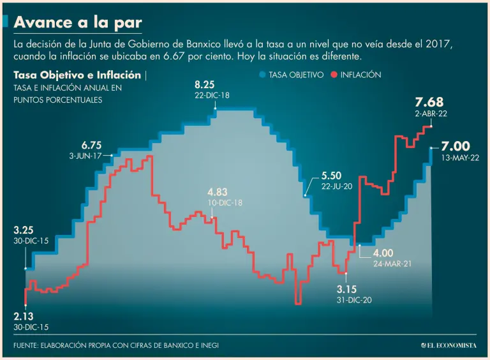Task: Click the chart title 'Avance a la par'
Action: [x=77, y=22]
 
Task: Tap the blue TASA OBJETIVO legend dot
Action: [x=262, y=75]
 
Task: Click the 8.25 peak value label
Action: [x=205, y=84]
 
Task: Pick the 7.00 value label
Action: [x=455, y=146]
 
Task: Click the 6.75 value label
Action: [x=91, y=145]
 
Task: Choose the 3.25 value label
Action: [x=24, y=230]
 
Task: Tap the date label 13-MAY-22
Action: [x=459, y=158]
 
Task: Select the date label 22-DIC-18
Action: [x=212, y=95]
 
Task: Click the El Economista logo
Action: [x=449, y=345]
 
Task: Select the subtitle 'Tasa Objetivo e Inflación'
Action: [x=77, y=75]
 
